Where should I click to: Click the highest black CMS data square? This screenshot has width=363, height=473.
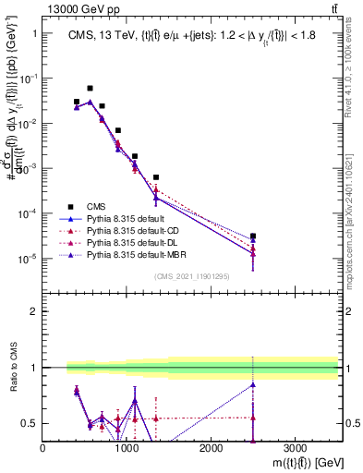coord(90,89)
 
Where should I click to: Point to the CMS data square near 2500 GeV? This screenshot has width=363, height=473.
coord(253,236)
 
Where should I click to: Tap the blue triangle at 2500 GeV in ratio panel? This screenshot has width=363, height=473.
coord(253,385)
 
